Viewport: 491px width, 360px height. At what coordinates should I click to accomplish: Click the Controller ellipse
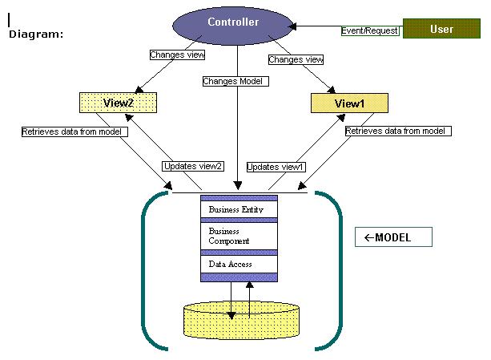pos(233,24)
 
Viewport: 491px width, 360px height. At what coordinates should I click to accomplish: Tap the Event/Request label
pos(369,30)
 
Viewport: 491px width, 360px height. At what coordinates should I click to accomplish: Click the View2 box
pos(117,103)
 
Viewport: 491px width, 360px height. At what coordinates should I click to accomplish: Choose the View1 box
pos(349,103)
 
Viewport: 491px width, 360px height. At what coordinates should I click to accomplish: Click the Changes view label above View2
pos(177,55)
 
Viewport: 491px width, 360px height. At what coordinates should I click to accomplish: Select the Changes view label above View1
pos(296,59)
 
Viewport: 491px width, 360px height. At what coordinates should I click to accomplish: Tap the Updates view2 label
pos(193,166)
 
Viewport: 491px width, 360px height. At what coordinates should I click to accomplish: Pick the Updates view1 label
pos(276,167)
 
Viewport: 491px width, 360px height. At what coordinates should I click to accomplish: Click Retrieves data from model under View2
pos(74,131)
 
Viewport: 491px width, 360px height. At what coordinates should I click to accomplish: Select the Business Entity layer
pos(239,210)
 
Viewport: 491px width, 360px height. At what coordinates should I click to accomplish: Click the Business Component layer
pos(239,236)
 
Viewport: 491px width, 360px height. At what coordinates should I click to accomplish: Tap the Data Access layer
pos(239,264)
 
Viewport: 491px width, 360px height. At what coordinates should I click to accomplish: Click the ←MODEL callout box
pos(393,237)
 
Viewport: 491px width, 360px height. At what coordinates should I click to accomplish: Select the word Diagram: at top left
pos(36,34)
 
